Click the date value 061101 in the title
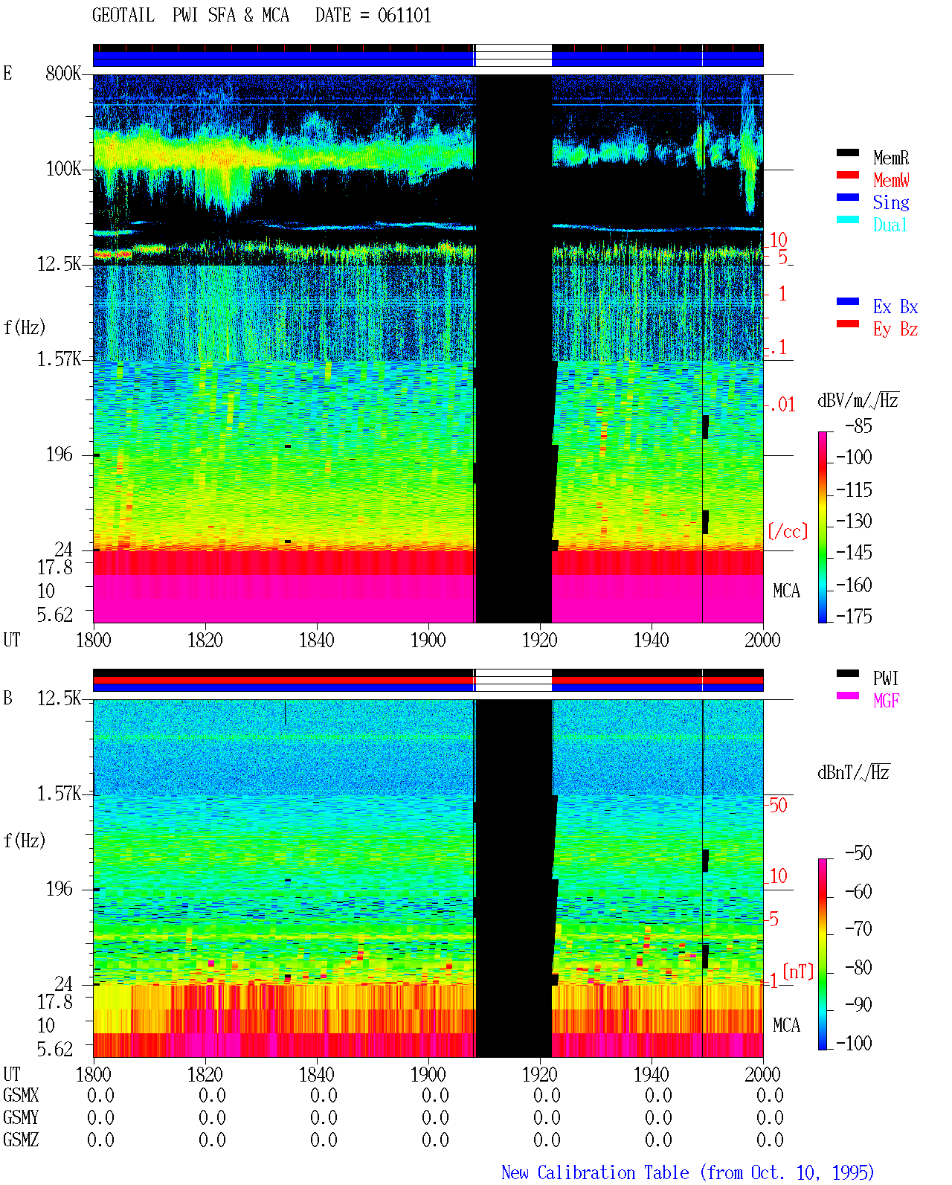(404, 15)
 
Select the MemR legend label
(891, 158)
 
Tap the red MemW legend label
(891, 179)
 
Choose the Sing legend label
(891, 202)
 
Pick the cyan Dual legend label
(890, 224)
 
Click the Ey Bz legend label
(895, 329)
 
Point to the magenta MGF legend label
(886, 701)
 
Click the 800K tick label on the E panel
(63, 73)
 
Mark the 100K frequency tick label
(63, 169)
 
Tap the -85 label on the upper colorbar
(858, 425)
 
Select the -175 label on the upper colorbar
(854, 616)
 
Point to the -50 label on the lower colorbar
(858, 852)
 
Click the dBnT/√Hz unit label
(853, 772)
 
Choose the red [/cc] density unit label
(788, 531)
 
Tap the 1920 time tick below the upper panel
(540, 640)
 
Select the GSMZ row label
(21, 1140)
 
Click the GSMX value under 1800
(100, 1095)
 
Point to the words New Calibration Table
(595, 1172)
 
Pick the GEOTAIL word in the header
(123, 15)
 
